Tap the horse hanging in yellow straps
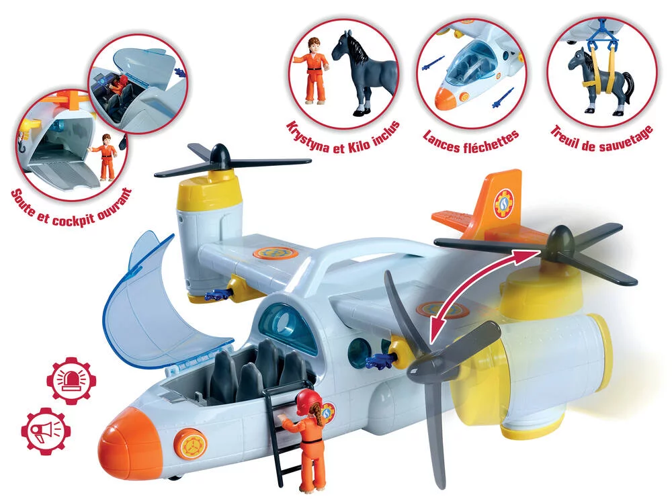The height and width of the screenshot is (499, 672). (600, 83)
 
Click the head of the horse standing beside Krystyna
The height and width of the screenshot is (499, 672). (351, 48)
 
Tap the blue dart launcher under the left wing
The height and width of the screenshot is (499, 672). (218, 294)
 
